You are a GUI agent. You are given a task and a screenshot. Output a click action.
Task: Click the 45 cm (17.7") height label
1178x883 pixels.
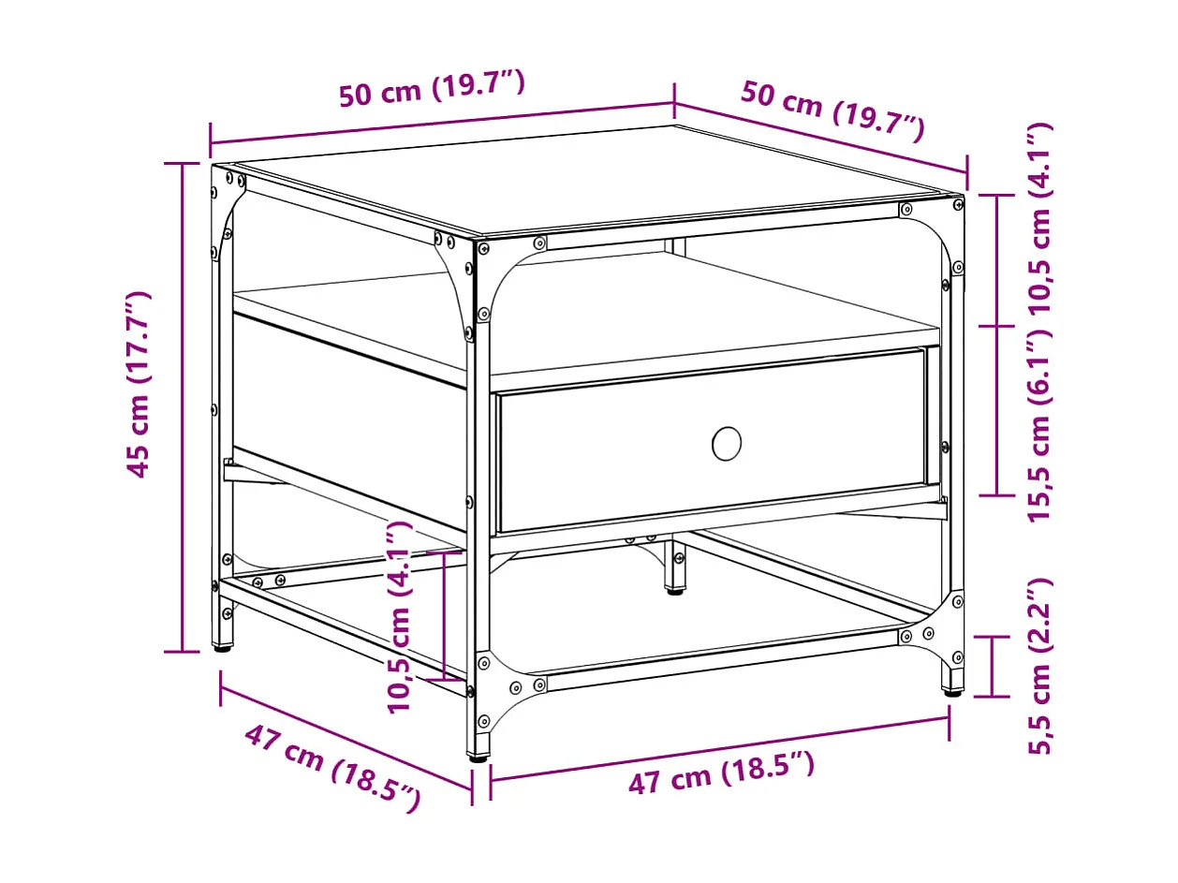[x=139, y=384]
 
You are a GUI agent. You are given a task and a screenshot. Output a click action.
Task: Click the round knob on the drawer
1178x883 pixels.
[x=727, y=443]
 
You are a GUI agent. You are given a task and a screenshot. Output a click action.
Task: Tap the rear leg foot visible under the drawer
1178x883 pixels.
[x=673, y=589]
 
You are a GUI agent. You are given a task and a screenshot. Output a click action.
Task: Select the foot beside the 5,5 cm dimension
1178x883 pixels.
[x=952, y=691]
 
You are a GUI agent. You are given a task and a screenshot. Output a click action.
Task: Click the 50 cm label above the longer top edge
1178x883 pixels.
[x=432, y=90]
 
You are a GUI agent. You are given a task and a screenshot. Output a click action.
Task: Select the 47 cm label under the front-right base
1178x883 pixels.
[x=720, y=773]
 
